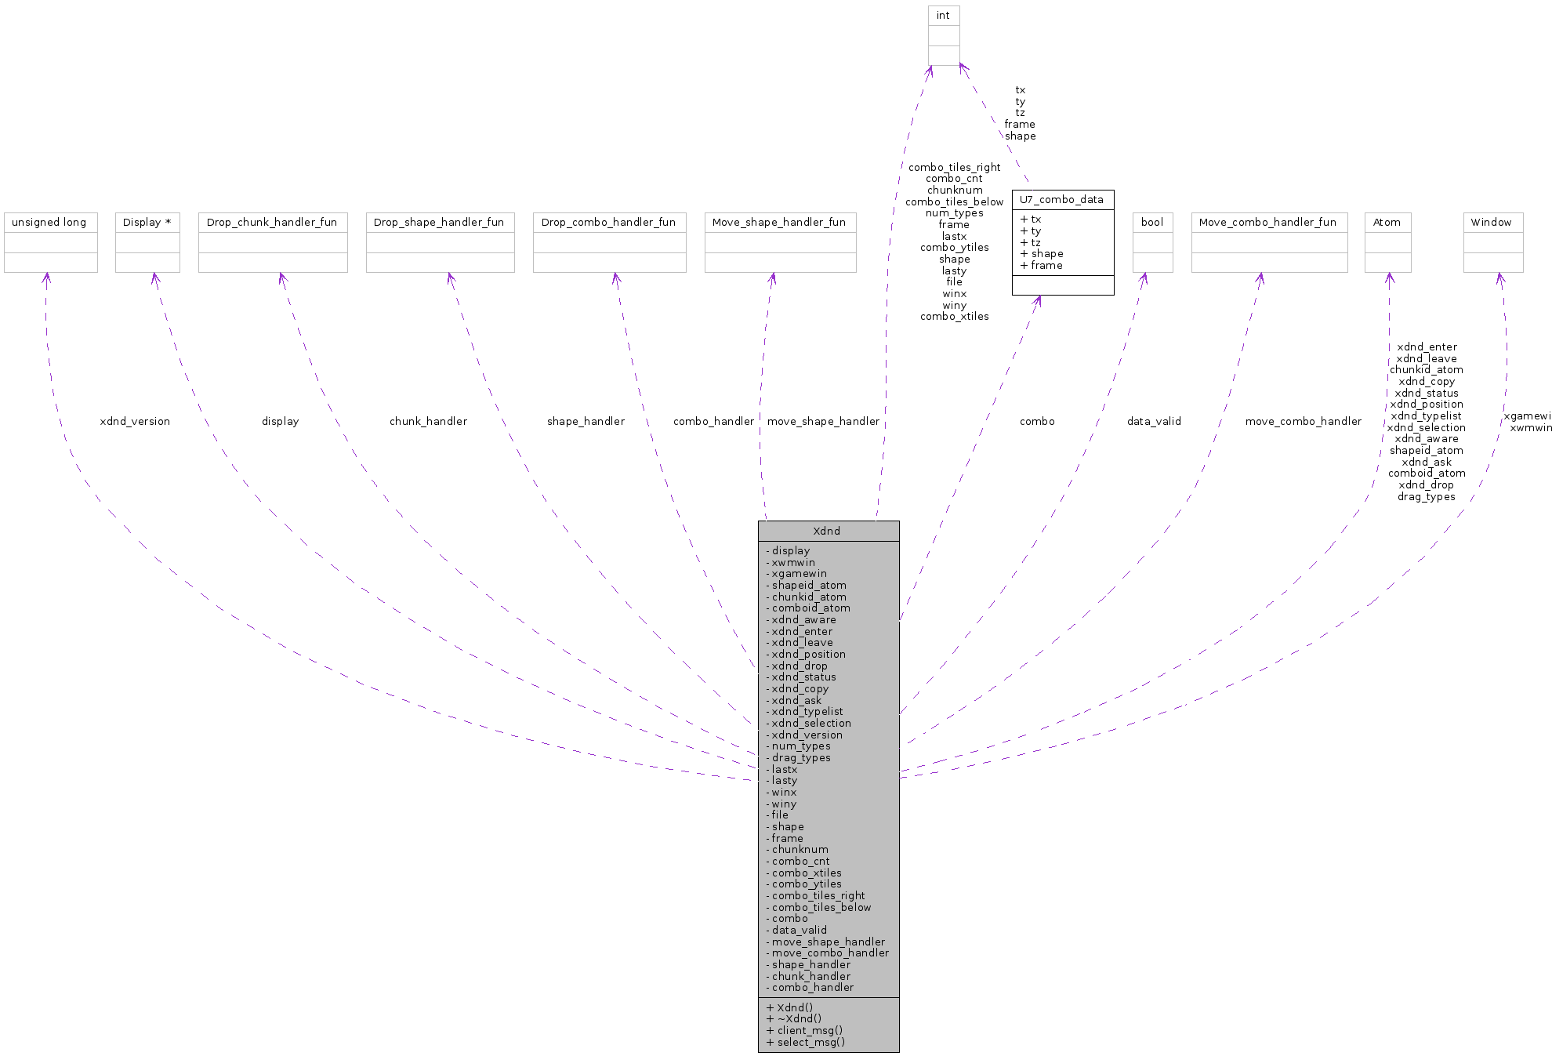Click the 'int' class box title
pyautogui.click(x=943, y=16)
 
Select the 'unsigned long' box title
pyautogui.click(x=49, y=223)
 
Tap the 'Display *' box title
pyautogui.click(x=147, y=223)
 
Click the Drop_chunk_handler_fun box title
pyautogui.click(x=272, y=223)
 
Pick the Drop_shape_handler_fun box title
pyautogui.click(x=439, y=223)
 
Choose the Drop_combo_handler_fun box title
pyautogui.click(x=609, y=223)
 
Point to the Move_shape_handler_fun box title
pyautogui.click(x=779, y=223)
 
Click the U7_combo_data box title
pyautogui.click(x=1061, y=200)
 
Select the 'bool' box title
pyautogui.click(x=1152, y=223)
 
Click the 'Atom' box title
pyautogui.click(x=1387, y=223)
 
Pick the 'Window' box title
pyautogui.click(x=1491, y=223)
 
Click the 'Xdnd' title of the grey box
pyautogui.click(x=827, y=532)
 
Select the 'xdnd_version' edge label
pyautogui.click(x=135, y=422)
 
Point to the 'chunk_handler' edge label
pyautogui.click(x=428, y=422)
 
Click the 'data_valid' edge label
pyautogui.click(x=1154, y=422)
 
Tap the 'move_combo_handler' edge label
pyautogui.click(x=1304, y=422)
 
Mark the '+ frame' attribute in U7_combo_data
pyautogui.click(x=1042, y=266)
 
